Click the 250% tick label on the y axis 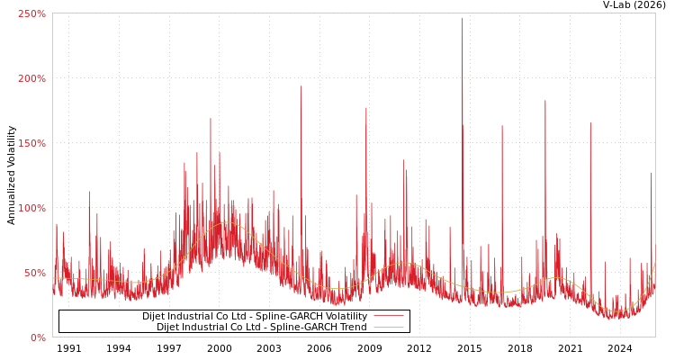point(31,13)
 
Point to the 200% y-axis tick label point(31,78)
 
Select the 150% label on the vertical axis point(31,143)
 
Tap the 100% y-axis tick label point(31,208)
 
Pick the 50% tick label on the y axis point(34,273)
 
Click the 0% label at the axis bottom point(38,337)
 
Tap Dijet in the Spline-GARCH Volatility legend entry point(155,316)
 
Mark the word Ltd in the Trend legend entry point(263,327)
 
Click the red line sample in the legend point(388,316)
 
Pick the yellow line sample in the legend point(388,327)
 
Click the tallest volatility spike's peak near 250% point(463,18)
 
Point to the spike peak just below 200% point(301,86)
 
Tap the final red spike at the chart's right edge point(652,173)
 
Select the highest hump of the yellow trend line point(227,222)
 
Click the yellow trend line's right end point(654,265)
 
